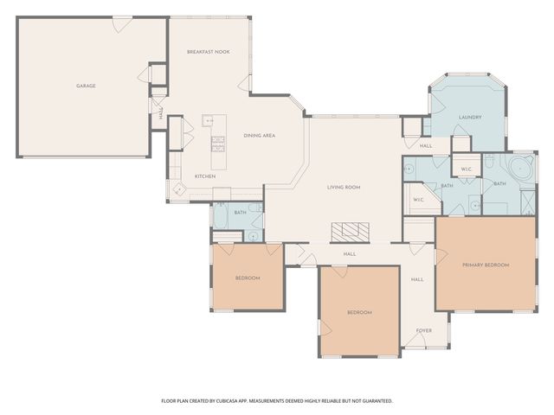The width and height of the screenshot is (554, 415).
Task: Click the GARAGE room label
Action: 85,86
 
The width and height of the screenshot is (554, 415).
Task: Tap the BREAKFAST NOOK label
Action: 208,52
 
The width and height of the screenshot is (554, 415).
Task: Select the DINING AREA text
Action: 259,136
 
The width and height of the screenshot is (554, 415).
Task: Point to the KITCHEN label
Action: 204,176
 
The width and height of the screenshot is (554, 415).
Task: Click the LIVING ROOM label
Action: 343,187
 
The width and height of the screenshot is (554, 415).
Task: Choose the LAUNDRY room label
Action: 469,117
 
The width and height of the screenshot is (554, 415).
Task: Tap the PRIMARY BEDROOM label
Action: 485,265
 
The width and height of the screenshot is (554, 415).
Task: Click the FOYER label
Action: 424,330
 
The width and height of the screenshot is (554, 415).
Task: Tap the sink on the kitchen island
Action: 209,121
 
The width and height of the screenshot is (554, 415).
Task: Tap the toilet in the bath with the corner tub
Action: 489,162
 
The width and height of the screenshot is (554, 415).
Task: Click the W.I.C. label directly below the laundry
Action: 465,169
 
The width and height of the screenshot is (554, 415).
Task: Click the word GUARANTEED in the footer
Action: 375,400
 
